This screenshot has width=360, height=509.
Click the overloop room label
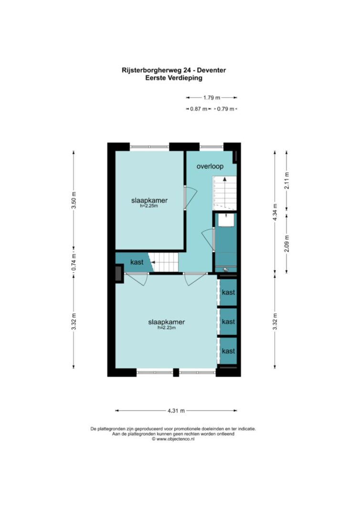[x=210, y=166]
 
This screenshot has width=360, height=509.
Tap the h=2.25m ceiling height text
[x=149, y=206]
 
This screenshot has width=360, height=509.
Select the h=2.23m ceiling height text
[x=167, y=328]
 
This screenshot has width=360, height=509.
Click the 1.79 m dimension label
[x=212, y=97]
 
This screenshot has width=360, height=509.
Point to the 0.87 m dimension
[x=199, y=109]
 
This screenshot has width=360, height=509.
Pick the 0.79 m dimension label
[x=225, y=109]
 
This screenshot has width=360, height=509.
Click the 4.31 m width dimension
[x=176, y=411]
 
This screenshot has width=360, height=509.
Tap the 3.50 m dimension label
[x=74, y=204]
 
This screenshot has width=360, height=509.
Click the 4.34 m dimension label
[x=275, y=212]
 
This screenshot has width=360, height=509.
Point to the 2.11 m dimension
[x=286, y=180]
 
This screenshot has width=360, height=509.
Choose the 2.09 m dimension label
[x=286, y=243]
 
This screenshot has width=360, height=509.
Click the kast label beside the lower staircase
[x=137, y=262]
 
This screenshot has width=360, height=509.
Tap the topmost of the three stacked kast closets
[x=228, y=292]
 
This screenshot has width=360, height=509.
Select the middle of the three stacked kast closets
[x=228, y=322]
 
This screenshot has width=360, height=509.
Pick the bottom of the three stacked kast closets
[x=228, y=351]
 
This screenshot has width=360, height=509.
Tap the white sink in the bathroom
[x=226, y=220]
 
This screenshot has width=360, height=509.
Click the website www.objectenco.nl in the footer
[x=173, y=439]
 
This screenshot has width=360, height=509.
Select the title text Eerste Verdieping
[x=174, y=78]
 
